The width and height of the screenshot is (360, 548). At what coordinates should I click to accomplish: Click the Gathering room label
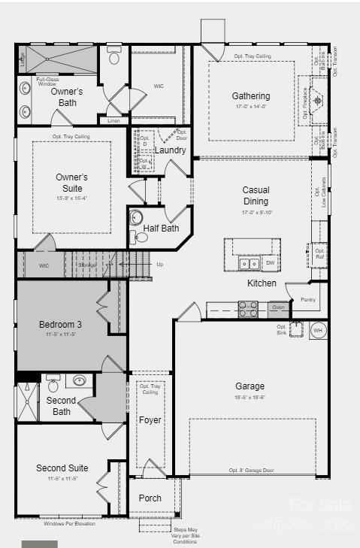tap(251, 96)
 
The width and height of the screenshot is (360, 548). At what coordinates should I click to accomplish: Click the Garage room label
tap(250, 386)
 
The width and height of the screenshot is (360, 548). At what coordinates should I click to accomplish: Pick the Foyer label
tap(150, 420)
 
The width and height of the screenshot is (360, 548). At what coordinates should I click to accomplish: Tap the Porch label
tap(150, 498)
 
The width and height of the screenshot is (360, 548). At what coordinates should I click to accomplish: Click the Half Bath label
tap(161, 229)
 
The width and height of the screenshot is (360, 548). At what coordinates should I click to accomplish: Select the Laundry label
tap(170, 150)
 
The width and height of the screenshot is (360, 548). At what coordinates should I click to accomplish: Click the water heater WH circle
tap(317, 330)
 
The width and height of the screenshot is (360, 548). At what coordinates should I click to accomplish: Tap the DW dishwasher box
tap(270, 263)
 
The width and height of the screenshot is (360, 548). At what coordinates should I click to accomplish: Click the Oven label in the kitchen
tap(278, 307)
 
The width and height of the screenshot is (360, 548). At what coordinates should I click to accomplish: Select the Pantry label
tap(308, 299)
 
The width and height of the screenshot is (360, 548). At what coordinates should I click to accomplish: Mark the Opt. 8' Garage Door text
tap(253, 471)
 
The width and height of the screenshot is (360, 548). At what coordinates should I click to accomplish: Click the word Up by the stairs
tap(159, 265)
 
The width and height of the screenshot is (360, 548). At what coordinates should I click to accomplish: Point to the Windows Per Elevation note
tap(69, 523)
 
